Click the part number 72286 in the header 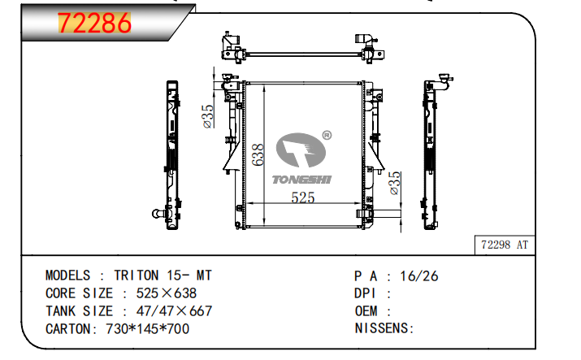pos(93,24)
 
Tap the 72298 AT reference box pos(505,244)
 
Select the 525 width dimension pos(303,197)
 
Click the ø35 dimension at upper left pos(208,116)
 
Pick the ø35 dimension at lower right pos(395,183)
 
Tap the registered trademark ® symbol pos(327,136)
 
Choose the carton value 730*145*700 pos(149,329)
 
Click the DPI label pos(366,293)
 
